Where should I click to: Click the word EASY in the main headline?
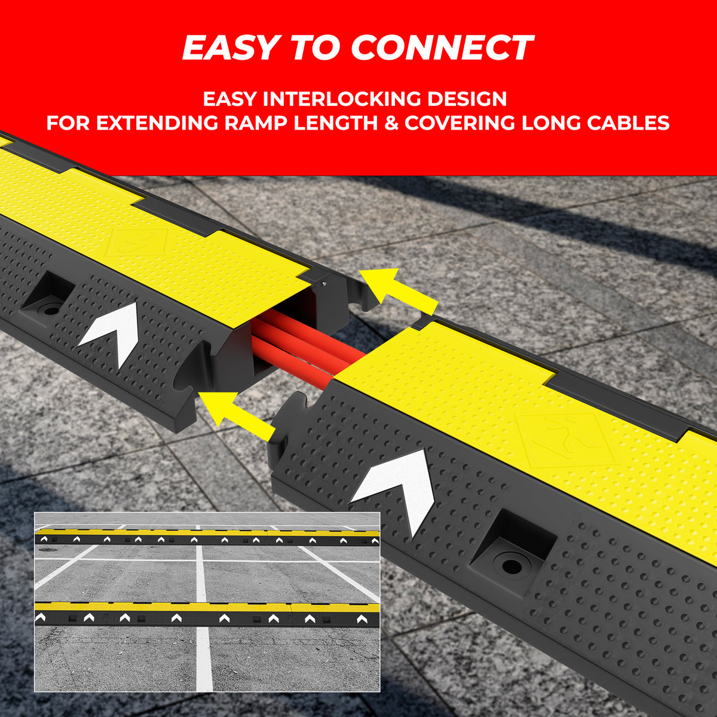pos(231,47)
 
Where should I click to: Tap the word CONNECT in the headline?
pos(442,47)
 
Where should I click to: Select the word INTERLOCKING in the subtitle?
pos(342,99)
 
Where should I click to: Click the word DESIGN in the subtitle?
pos(467,99)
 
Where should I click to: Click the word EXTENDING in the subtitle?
pos(157,123)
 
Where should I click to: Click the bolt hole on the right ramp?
pos(511,566)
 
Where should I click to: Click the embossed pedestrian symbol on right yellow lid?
pos(568,439)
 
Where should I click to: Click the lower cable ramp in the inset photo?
pos(207,614)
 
